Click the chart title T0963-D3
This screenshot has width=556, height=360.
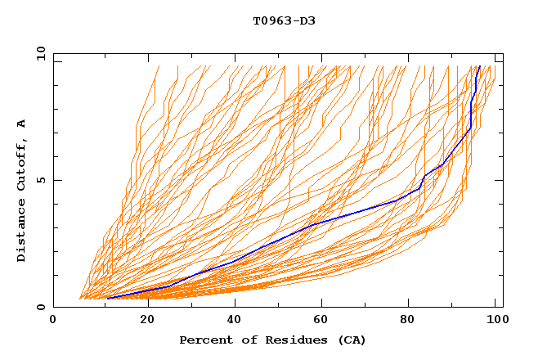[x=284, y=20]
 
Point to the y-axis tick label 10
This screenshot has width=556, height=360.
[x=40, y=53]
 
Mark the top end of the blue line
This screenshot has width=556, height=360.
[x=479, y=66]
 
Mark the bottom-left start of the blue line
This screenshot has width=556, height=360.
[x=107, y=298]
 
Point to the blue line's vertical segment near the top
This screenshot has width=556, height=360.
[x=472, y=115]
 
